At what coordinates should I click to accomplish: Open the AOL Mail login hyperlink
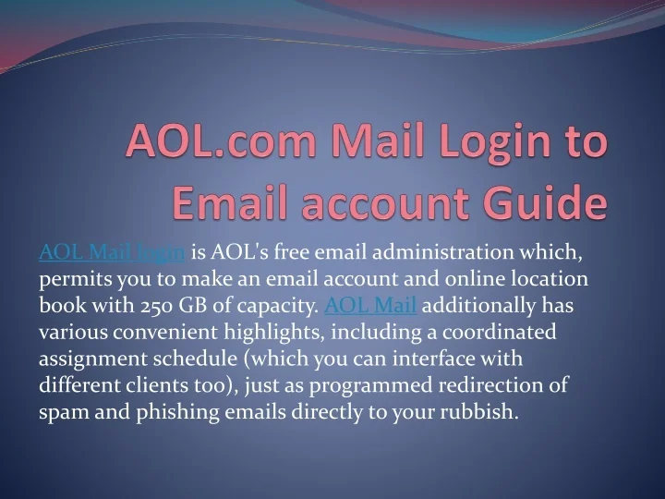coord(113,251)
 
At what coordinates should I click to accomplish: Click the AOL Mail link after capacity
coord(371,305)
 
